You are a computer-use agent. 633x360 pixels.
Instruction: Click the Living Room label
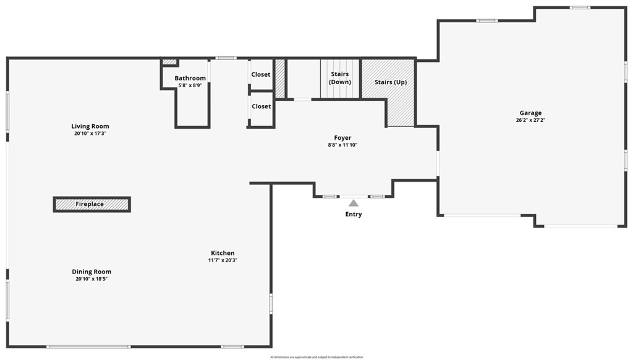pos(90,126)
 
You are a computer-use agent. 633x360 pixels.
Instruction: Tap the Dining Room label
pos(91,272)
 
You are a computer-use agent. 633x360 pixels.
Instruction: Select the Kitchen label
pos(223,253)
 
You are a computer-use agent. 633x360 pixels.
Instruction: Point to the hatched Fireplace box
pos(91,204)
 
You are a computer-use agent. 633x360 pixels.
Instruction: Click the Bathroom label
pos(190,78)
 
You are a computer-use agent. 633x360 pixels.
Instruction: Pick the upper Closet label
pos(261,74)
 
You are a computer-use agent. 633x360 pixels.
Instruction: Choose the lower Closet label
pos(261,106)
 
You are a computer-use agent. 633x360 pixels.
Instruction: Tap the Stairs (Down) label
pos(340,78)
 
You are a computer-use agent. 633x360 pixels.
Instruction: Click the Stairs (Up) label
pos(391,82)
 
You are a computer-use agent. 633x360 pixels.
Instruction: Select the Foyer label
pos(342,138)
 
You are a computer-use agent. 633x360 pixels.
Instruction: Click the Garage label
pos(530,113)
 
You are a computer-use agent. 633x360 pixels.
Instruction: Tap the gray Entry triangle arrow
pos(353,202)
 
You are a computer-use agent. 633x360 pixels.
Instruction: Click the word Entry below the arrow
pos(354,214)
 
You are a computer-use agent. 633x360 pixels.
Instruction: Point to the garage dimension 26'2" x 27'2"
pos(530,120)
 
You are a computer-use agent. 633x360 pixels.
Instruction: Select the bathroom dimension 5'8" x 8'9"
pos(190,85)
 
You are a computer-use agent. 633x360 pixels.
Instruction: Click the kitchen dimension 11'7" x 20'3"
pos(223,260)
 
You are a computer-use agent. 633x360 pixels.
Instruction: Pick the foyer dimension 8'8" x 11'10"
pos(342,145)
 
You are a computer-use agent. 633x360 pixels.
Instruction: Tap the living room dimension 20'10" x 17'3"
pos(90,134)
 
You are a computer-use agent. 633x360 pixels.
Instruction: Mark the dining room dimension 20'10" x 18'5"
pos(91,279)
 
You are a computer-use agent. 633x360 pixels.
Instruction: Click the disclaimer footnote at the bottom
pos(316,357)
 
